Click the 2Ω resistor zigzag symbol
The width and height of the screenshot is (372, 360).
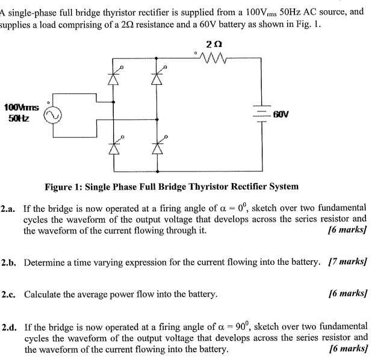[212, 59]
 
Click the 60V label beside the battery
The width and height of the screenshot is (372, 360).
[282, 114]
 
